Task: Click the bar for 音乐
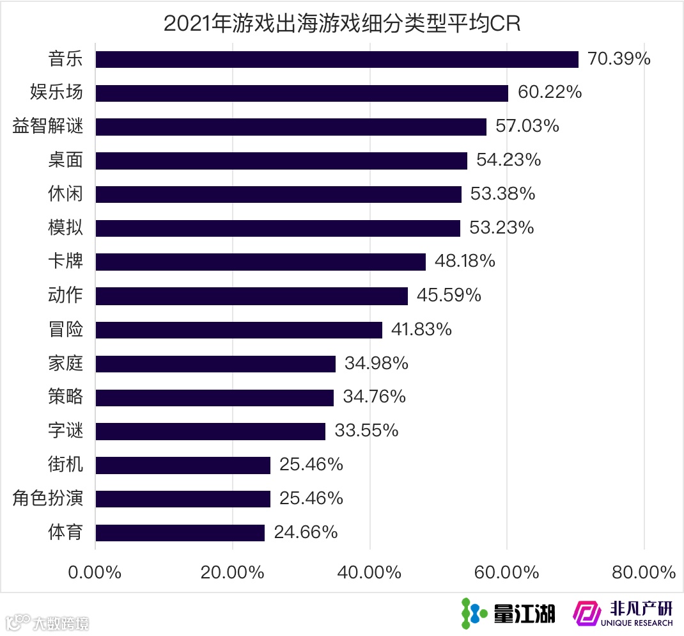click(337, 59)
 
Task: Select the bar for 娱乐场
click(302, 93)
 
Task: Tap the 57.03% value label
click(527, 126)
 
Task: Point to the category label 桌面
click(65, 160)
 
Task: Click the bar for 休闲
click(278, 194)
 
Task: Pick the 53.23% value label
click(502, 228)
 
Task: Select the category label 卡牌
click(65, 261)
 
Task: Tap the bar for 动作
click(251, 296)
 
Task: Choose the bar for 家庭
click(215, 363)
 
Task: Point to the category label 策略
click(65, 397)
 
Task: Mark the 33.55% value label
click(366, 431)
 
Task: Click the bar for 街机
click(183, 465)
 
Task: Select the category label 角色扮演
click(48, 498)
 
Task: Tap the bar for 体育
click(180, 532)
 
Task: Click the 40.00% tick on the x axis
click(369, 572)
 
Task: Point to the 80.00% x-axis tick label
click(643, 572)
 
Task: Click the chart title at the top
click(342, 23)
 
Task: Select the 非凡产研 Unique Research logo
click(623, 613)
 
